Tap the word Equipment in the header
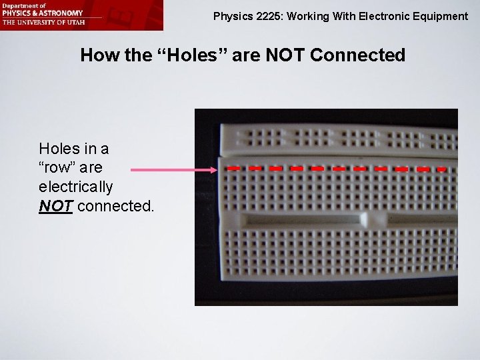pyautogui.click(x=442, y=16)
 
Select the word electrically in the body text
pyautogui.click(x=76, y=187)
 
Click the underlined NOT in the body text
pyautogui.click(x=56, y=206)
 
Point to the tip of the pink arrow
pyautogui.click(x=217, y=171)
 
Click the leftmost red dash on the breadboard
pyautogui.click(x=233, y=169)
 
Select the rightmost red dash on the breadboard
pyautogui.click(x=441, y=170)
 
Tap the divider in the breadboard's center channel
pyautogui.click(x=365, y=219)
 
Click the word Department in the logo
pyautogui.click(x=18, y=5)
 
